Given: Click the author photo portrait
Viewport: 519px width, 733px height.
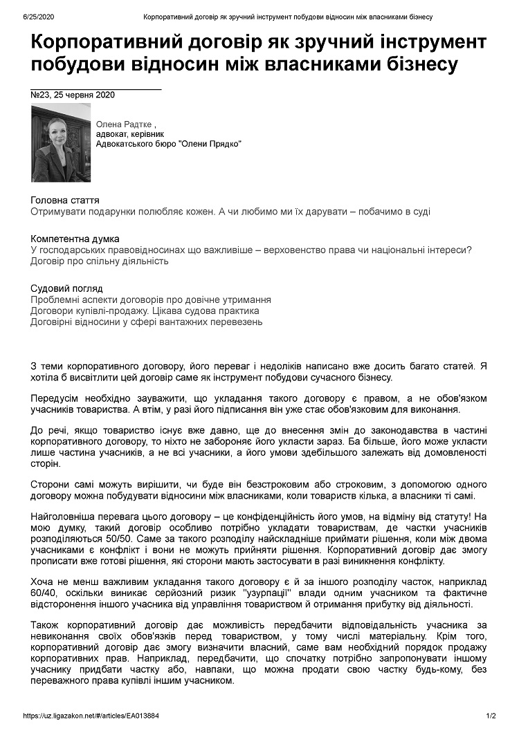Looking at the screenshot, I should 61,142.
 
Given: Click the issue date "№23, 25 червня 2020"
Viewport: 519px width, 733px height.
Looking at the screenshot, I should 73,95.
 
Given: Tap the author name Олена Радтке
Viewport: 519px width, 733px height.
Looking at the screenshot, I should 125,123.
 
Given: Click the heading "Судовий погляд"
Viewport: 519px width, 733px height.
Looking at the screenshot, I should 67,288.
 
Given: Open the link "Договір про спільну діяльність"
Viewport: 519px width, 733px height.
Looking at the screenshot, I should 100,261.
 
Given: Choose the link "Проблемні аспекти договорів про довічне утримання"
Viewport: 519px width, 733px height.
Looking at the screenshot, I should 151,300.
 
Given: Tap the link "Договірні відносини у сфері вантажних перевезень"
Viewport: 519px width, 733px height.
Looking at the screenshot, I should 147,322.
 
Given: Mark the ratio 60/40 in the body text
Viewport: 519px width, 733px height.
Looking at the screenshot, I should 43,593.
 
